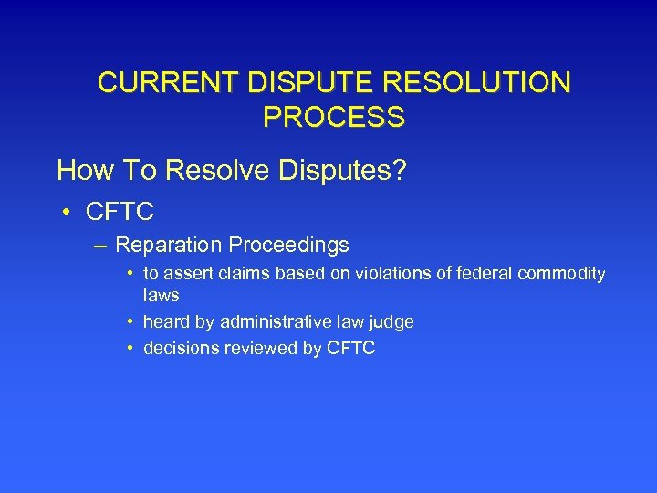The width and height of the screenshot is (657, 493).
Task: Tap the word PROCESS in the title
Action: [334, 117]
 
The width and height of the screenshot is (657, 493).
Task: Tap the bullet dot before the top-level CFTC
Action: [68, 213]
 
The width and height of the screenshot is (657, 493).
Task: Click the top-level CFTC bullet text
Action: [120, 213]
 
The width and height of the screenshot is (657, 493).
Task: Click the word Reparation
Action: [168, 246]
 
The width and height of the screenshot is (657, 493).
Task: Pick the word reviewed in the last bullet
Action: [245, 348]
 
